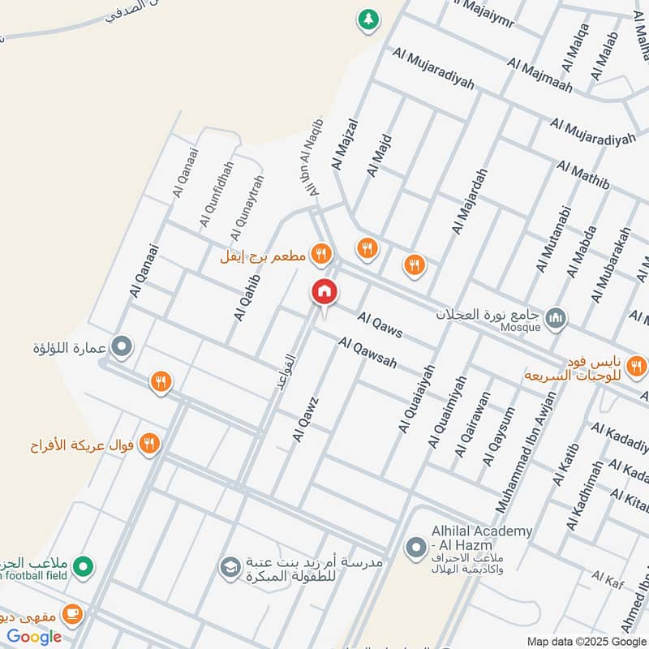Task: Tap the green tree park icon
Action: pos(369,19)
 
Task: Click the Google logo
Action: pos(34,636)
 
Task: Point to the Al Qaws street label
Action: pos(380,326)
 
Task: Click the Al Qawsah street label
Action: pos(368,353)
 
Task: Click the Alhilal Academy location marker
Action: pos(416,548)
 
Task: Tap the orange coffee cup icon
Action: pos(72,615)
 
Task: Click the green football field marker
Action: pos(82,566)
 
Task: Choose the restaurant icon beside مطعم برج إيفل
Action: pos(322,256)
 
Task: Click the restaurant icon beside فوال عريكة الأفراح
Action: pos(149,443)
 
